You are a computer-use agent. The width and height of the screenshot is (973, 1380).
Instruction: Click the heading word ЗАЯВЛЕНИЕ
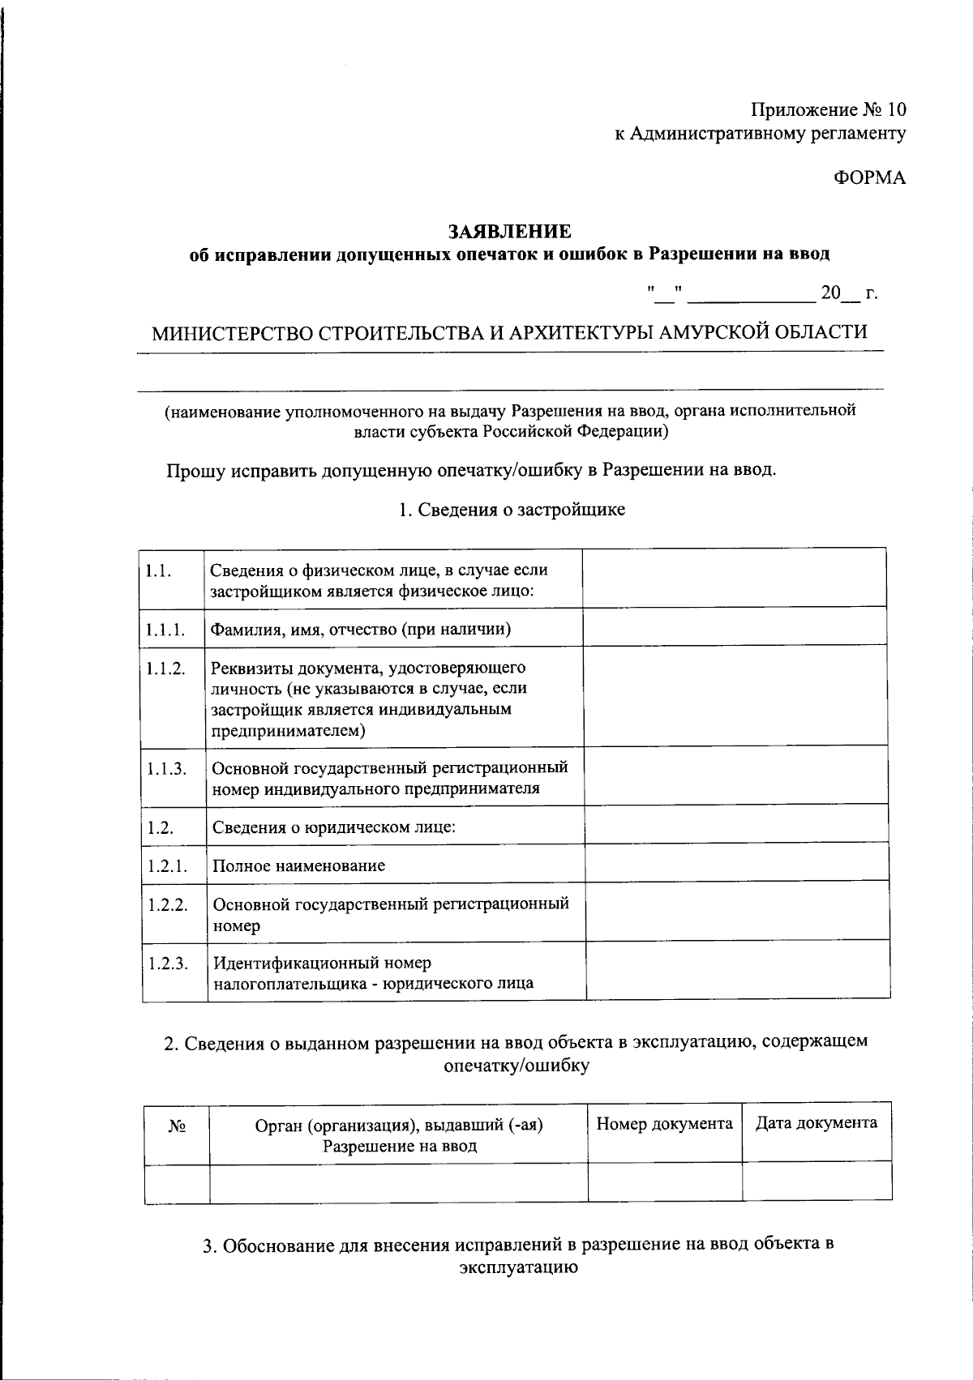[x=510, y=232]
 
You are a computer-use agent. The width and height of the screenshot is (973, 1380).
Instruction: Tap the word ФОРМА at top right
[x=870, y=178]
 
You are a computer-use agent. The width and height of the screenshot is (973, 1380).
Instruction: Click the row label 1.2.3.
[x=167, y=963]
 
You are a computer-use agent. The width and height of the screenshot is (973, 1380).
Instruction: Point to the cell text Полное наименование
[x=298, y=865]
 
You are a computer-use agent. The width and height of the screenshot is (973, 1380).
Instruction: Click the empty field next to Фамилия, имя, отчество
[x=734, y=627]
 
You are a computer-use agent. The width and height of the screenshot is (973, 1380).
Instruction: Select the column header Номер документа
[x=664, y=1124]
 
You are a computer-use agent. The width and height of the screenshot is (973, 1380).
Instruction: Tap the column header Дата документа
[x=816, y=1123]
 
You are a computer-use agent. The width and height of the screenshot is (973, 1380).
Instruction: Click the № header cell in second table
[x=178, y=1127]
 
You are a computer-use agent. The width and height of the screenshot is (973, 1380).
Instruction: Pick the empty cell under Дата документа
[x=817, y=1181]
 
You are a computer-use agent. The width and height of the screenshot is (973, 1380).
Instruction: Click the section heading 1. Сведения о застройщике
[x=512, y=510]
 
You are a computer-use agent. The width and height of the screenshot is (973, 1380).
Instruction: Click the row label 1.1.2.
[x=165, y=669]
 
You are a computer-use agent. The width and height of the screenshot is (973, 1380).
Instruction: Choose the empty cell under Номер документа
[x=664, y=1181]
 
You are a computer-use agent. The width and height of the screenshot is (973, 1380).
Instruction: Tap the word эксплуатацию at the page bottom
[x=518, y=1267]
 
